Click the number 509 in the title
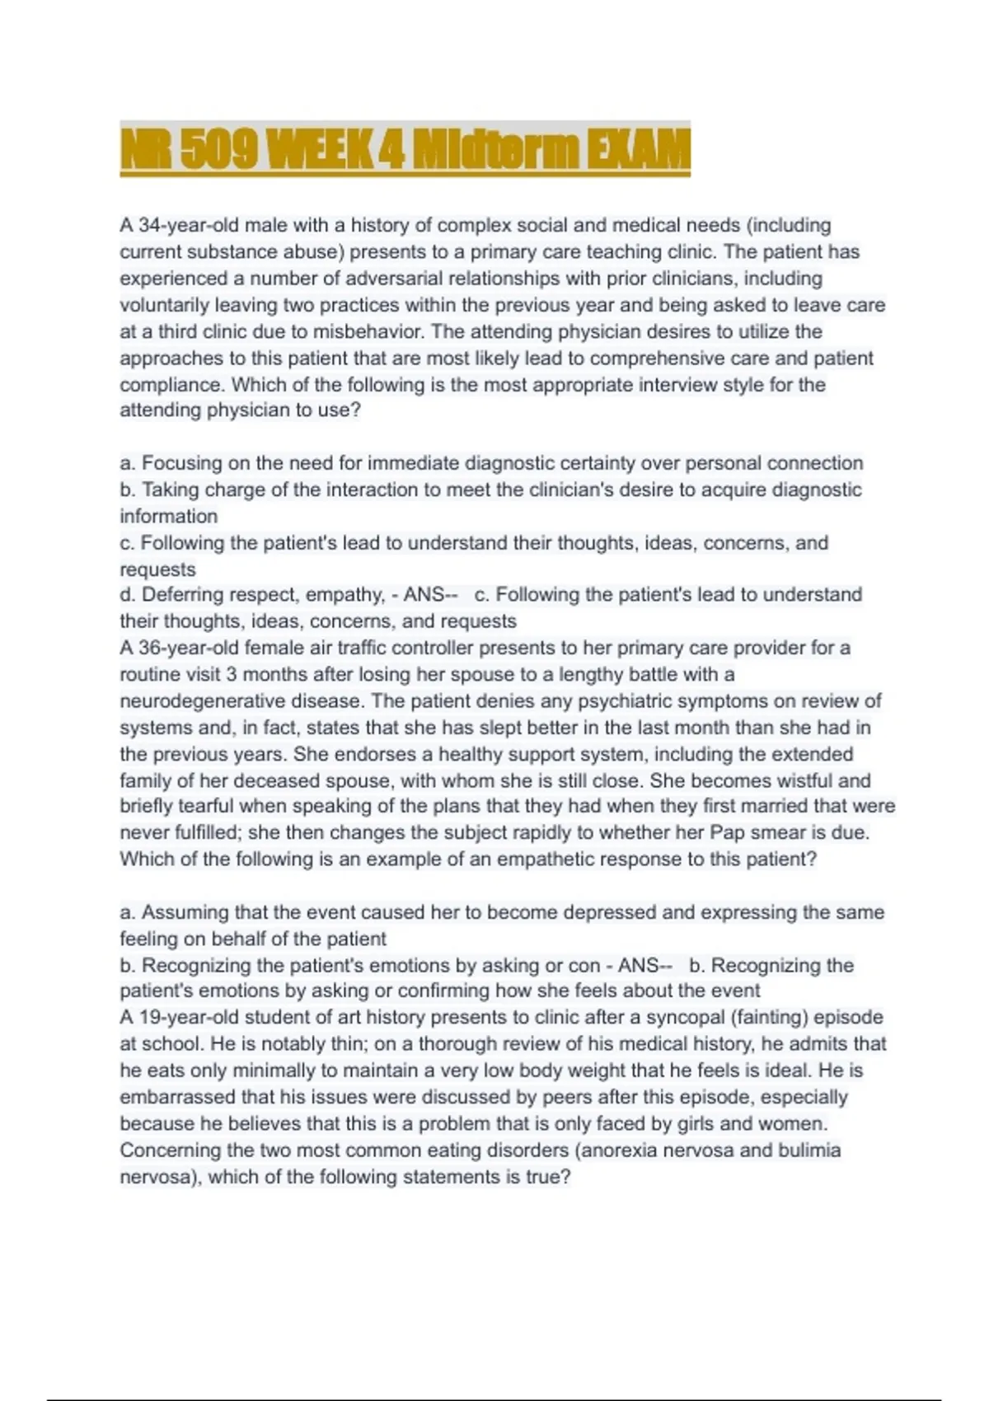tap(217, 149)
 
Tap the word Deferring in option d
tap(181, 594)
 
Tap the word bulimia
tap(809, 1150)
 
